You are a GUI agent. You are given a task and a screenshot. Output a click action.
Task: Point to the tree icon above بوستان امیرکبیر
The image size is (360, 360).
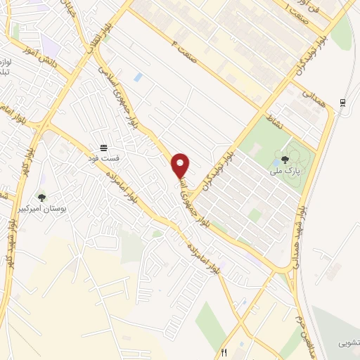tap(41, 198)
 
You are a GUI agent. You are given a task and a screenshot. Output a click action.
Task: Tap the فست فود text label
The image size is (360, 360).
tap(105, 158)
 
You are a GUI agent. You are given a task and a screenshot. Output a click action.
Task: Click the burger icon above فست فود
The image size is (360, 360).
tap(105, 148)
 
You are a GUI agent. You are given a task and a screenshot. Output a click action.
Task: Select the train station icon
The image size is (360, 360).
tap(342, 103)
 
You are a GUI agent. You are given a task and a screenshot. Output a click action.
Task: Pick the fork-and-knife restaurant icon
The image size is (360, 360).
tap(224, 353)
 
